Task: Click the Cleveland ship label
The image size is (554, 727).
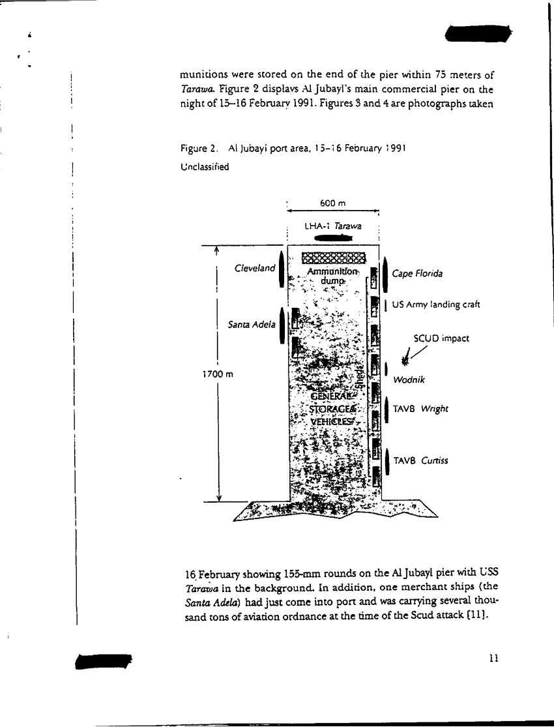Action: (255, 269)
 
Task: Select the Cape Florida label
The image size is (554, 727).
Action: (417, 274)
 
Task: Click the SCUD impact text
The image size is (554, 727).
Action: (441, 339)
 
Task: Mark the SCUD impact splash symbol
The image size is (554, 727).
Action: (407, 357)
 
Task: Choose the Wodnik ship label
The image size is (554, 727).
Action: (409, 379)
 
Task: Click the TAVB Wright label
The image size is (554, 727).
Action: (420, 409)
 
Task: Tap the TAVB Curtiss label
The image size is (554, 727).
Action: (420, 461)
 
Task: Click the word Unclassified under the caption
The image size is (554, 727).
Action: (205, 167)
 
